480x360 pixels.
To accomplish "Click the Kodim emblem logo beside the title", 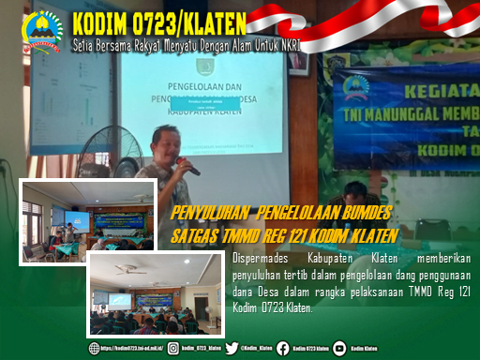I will point(42,29).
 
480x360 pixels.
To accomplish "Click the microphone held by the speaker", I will point(191,167).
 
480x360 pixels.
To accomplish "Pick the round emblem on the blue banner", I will point(360,87).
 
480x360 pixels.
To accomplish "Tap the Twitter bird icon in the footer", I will point(231,348).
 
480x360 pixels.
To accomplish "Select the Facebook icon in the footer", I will point(283,348).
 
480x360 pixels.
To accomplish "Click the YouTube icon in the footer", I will point(339,348).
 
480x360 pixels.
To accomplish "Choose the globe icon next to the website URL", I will point(95,348).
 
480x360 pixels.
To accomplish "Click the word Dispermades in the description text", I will point(259,256).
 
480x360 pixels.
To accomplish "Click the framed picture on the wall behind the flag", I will point(298,62).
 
